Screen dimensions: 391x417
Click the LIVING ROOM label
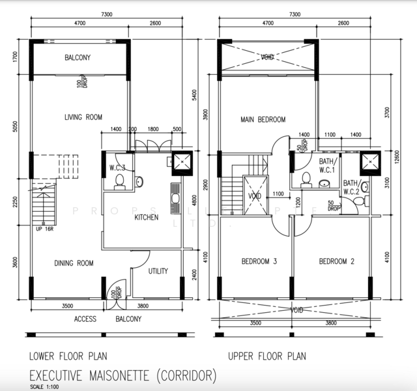pyautogui.click(x=83, y=117)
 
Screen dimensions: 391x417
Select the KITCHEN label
pyautogui.click(x=146, y=217)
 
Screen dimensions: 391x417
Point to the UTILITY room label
pyautogui.click(x=158, y=270)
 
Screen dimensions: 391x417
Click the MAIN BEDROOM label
pyautogui.click(x=263, y=119)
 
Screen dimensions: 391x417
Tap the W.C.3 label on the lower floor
pyautogui.click(x=117, y=167)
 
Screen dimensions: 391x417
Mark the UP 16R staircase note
pyautogui.click(x=44, y=229)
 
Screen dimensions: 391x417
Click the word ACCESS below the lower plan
pyautogui.click(x=85, y=319)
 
